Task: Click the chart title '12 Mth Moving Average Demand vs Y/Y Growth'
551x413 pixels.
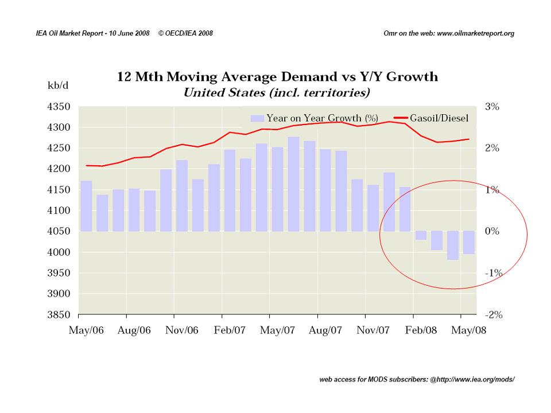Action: [277, 76]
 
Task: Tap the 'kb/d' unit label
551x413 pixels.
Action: [58, 85]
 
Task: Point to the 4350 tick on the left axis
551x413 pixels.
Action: [58, 107]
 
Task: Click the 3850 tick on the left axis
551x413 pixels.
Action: [58, 315]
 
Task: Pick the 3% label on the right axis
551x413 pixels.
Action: [492, 107]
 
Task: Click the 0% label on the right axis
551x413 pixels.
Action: [492, 232]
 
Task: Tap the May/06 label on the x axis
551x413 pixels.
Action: [86, 331]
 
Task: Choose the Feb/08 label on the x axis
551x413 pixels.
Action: [421, 331]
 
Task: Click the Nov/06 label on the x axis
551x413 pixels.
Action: [181, 331]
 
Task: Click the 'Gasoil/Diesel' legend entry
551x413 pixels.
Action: [440, 118]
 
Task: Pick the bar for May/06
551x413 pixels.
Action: [86, 206]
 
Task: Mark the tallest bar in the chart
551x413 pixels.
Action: [293, 184]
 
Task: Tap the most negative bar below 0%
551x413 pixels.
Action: [453, 246]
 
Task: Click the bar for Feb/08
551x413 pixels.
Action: [421, 236]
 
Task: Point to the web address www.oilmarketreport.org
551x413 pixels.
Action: [476, 33]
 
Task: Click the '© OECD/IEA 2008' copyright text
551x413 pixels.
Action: [185, 33]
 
